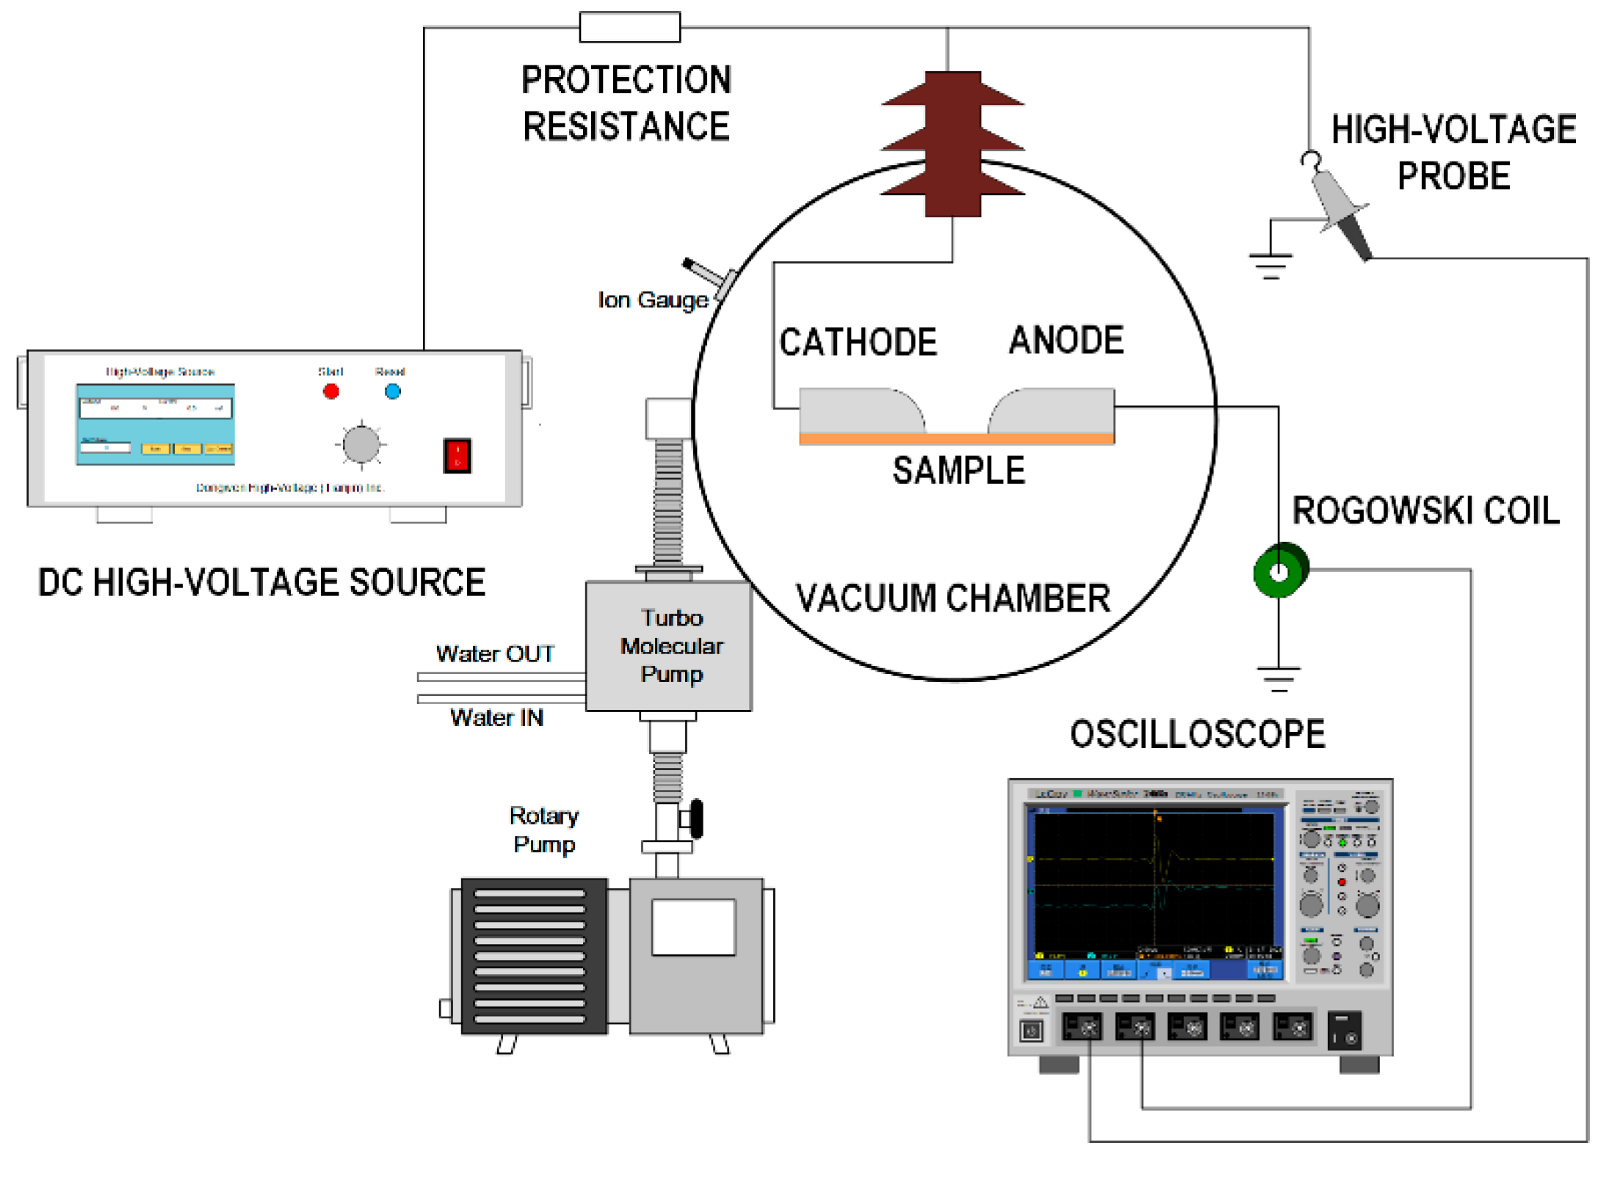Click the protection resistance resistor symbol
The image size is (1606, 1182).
point(629,27)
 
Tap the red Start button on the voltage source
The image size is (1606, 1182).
point(331,391)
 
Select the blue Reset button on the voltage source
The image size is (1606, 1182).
point(393,391)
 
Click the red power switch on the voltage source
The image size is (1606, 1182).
point(457,455)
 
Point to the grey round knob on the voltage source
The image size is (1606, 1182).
point(361,444)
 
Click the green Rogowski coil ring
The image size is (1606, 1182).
point(1280,570)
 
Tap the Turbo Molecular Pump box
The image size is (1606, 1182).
point(669,646)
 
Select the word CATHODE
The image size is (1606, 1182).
point(858,342)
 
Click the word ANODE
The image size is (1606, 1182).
point(1066,341)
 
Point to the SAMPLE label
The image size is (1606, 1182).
point(958,471)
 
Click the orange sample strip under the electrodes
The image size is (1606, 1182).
point(956,438)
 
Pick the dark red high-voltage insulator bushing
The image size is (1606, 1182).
point(952,144)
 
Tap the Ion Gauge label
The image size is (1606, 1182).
point(653,300)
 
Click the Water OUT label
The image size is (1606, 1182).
point(495,653)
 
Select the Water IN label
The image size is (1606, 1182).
point(496,717)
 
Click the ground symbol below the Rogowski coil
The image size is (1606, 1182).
point(1278,678)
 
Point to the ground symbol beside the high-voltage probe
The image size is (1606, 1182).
point(1270,265)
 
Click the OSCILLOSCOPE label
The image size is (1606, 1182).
point(1198,734)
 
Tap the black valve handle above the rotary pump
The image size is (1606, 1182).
point(696,819)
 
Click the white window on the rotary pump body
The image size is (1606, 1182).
point(693,927)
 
